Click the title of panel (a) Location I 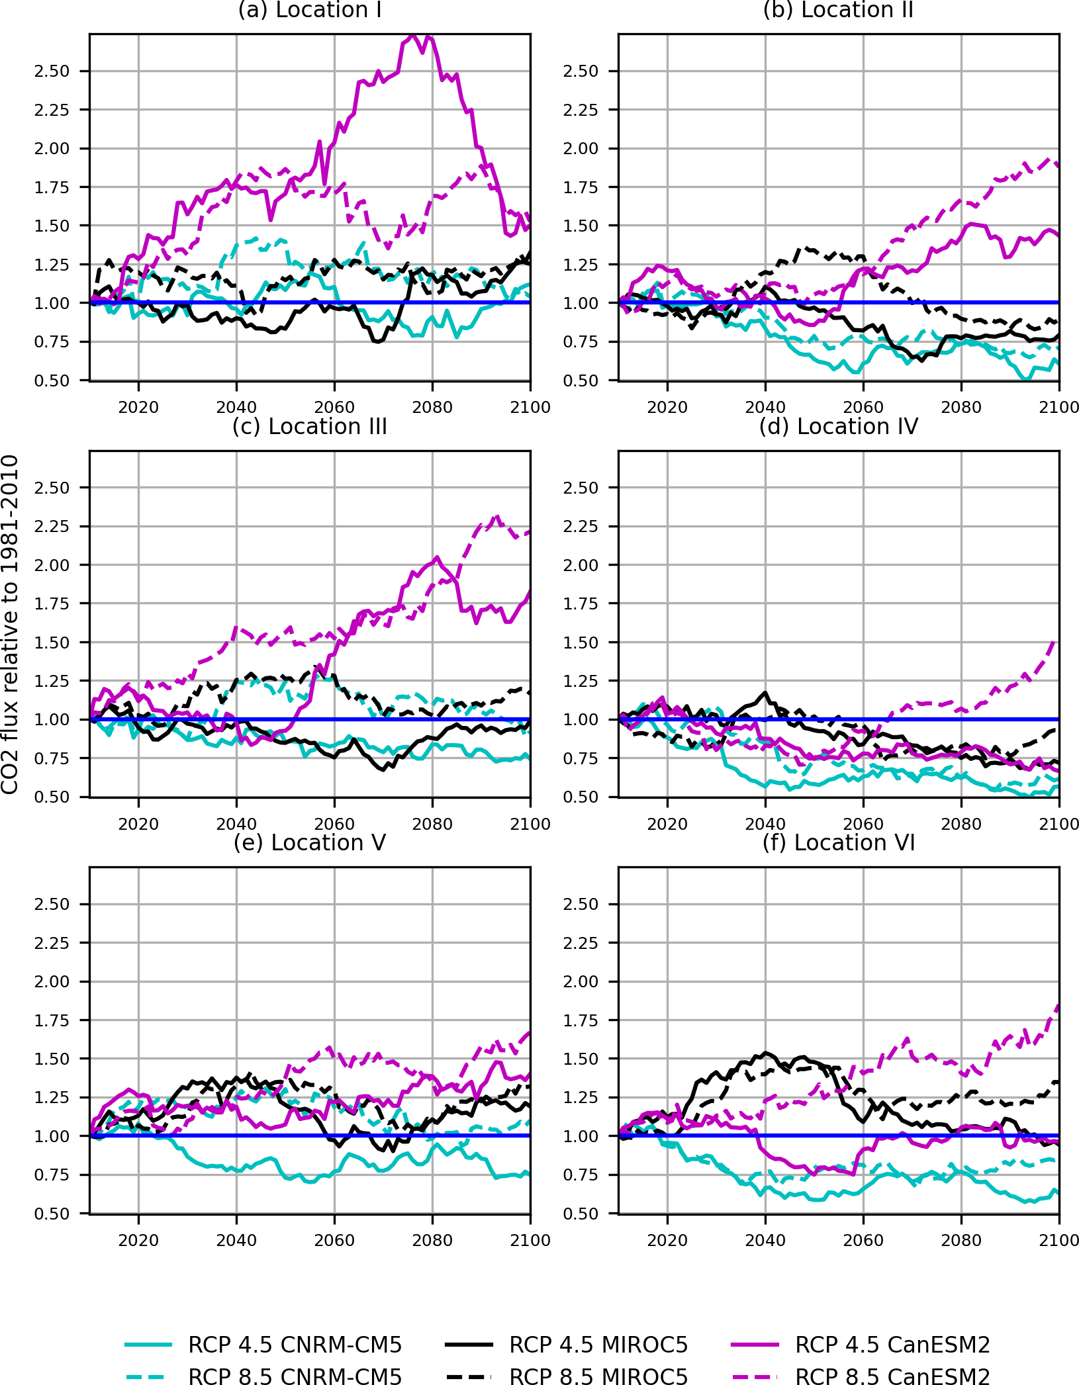coord(309,11)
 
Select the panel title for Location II coord(838,11)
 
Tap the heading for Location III coord(309,427)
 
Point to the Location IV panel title coord(838,427)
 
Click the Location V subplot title coord(309,843)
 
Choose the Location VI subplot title coord(838,843)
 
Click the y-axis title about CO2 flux coord(10,624)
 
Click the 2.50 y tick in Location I coord(52,71)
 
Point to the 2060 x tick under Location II coord(863,407)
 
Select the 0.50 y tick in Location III coord(52,797)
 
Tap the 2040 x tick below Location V coord(236,1240)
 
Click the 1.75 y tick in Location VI coord(581,1020)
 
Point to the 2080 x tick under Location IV coord(961,824)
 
